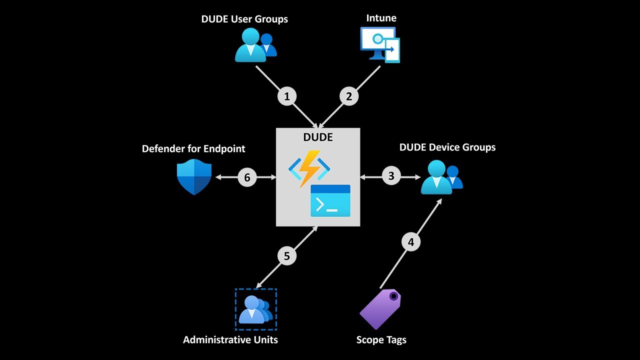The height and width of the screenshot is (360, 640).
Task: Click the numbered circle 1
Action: [287, 96]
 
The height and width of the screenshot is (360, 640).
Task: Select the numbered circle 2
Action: [349, 96]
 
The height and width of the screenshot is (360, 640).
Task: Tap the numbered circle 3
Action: [391, 176]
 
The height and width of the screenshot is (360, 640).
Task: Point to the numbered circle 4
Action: [411, 242]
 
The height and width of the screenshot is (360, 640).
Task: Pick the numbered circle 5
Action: [287, 256]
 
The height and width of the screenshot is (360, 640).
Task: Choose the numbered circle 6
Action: [247, 177]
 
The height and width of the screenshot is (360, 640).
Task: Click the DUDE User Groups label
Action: [244, 19]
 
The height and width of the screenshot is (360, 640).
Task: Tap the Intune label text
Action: [381, 18]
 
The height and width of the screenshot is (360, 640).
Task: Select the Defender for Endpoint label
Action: [193, 148]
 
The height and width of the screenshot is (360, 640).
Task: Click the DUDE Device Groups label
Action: [447, 147]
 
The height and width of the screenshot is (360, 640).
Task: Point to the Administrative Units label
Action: [230, 340]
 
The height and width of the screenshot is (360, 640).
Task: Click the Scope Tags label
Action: [381, 340]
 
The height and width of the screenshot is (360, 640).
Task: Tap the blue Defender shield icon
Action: [194, 177]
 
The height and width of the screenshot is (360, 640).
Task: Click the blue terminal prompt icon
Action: [330, 200]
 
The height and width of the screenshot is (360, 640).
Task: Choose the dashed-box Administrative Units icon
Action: [256, 309]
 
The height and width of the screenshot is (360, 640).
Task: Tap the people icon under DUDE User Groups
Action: [255, 45]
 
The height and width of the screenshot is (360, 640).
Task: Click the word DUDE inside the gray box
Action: [318, 137]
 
